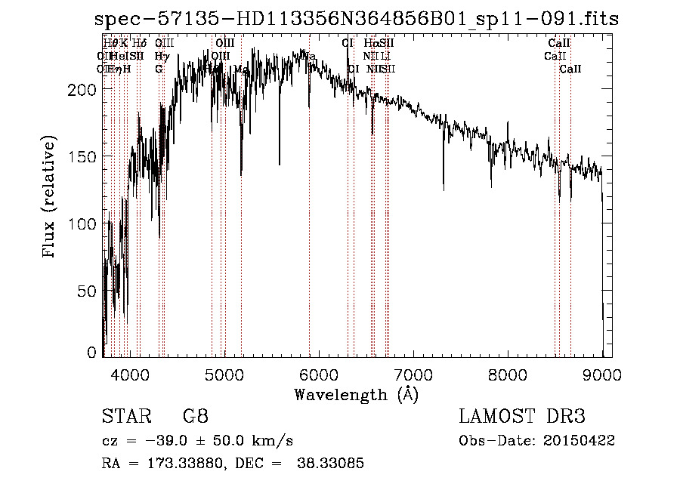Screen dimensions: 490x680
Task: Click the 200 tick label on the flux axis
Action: pos(84,90)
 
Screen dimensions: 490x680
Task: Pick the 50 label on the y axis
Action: pos(88,290)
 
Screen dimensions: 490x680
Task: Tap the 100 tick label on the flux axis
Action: pos(84,223)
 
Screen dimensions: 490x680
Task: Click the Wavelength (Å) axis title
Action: pos(356,394)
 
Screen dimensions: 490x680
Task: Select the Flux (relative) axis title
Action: pos(50,198)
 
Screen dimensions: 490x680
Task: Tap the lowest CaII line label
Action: pos(570,69)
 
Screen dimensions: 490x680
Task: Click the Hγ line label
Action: pos(160,57)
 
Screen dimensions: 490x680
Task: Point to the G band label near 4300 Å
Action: pos(159,69)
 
